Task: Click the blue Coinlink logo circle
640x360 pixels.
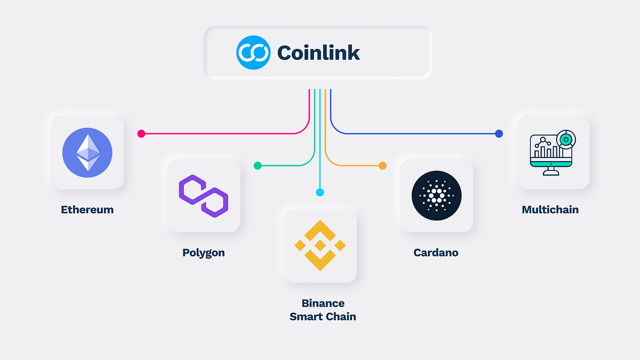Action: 253,53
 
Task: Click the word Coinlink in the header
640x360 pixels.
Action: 319,53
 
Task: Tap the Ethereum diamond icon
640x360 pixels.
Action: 87,153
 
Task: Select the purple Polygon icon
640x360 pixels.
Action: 203,196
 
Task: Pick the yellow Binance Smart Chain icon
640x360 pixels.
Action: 320,245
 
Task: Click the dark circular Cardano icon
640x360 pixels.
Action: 437,196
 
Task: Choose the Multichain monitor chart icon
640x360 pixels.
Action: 553,153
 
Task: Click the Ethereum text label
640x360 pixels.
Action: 87,210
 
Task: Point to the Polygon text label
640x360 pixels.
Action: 203,253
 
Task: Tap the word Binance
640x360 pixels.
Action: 323,303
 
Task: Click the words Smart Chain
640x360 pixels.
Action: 323,317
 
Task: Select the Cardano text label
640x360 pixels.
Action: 436,253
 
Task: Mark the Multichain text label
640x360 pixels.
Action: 550,210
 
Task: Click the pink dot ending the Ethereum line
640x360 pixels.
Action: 141,134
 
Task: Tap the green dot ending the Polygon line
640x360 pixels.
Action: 257,165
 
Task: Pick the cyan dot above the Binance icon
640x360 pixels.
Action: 320,192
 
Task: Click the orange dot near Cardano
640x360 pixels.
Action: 383,165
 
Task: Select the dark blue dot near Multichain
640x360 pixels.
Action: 499,134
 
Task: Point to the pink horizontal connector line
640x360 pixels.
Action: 219,134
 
